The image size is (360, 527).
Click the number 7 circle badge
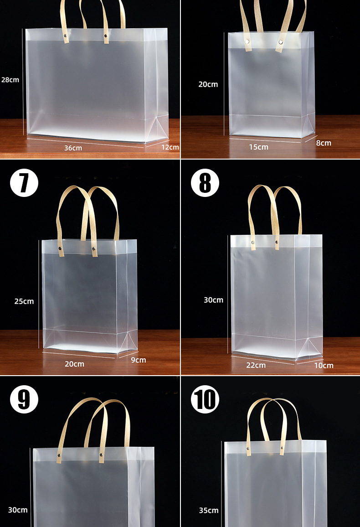tap(24, 182)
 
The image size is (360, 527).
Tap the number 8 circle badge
tap(205, 182)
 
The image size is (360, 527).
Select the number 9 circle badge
tap(24, 399)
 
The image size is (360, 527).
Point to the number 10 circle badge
tap(205, 399)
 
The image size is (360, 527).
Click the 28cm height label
tap(10, 80)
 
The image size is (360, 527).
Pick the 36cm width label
tap(73, 148)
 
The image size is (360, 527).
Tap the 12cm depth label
tap(170, 147)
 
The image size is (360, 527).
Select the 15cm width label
tap(258, 147)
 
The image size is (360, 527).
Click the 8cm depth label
tap(324, 143)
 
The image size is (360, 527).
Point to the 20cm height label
tap(208, 84)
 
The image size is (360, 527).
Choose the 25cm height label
tap(24, 301)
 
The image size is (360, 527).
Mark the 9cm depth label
tap(139, 360)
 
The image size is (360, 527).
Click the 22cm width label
tap(256, 365)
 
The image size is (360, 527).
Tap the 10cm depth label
tap(324, 365)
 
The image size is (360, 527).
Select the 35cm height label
tap(209, 510)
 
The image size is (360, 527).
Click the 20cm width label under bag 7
tap(75, 364)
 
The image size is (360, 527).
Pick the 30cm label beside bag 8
tap(214, 300)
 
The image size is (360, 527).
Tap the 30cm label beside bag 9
tap(18, 510)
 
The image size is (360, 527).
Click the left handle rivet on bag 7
tap(60, 248)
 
